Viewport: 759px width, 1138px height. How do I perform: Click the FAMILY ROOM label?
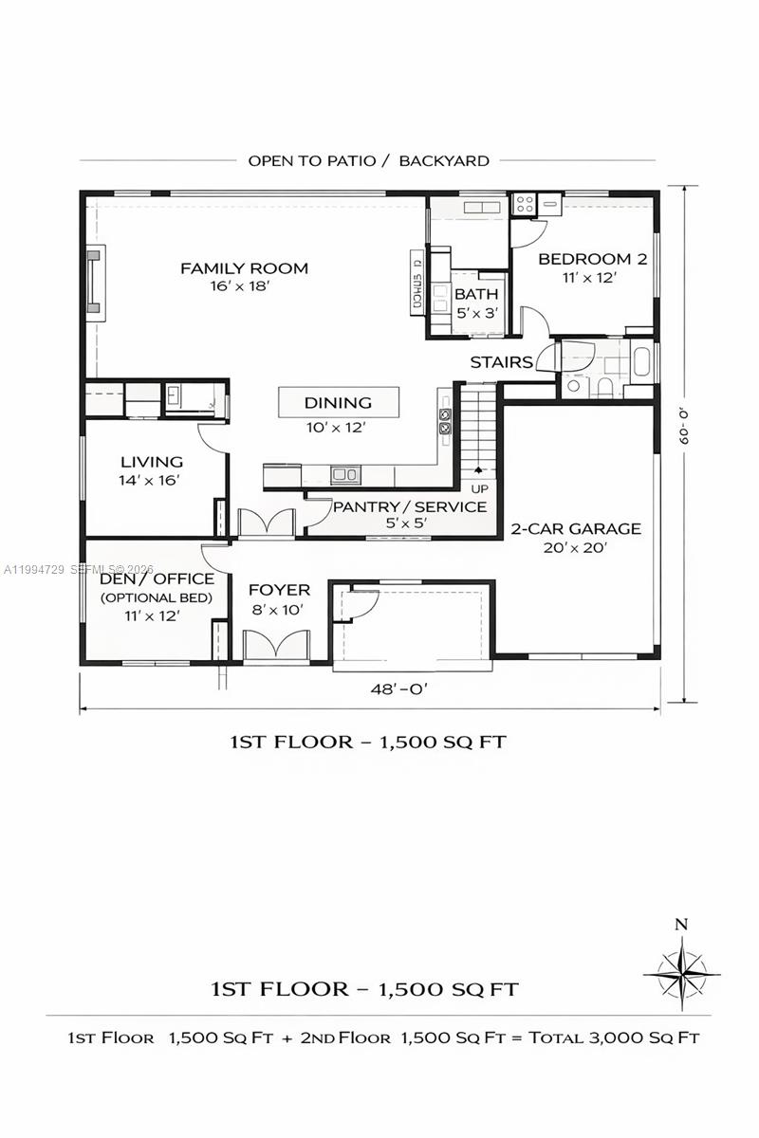coord(244,268)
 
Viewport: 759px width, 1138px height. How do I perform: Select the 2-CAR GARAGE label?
coord(576,529)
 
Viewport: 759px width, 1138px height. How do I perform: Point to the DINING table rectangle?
coord(338,403)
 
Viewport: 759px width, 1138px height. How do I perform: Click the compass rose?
coord(680,973)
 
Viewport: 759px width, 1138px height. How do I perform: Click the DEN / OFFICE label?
coord(157,578)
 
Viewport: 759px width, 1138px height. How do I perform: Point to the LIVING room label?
coord(152,462)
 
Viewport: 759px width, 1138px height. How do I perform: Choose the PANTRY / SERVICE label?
coord(409,506)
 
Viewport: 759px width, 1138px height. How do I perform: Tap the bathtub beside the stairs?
coord(641,361)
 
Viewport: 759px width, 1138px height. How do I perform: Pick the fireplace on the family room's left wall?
coord(95,281)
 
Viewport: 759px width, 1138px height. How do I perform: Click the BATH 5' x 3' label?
coord(475,295)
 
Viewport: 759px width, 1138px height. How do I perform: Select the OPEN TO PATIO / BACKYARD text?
coord(368,160)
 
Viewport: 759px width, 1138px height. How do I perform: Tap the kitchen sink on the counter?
coord(343,473)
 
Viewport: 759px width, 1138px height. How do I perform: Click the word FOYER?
coord(279,591)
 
